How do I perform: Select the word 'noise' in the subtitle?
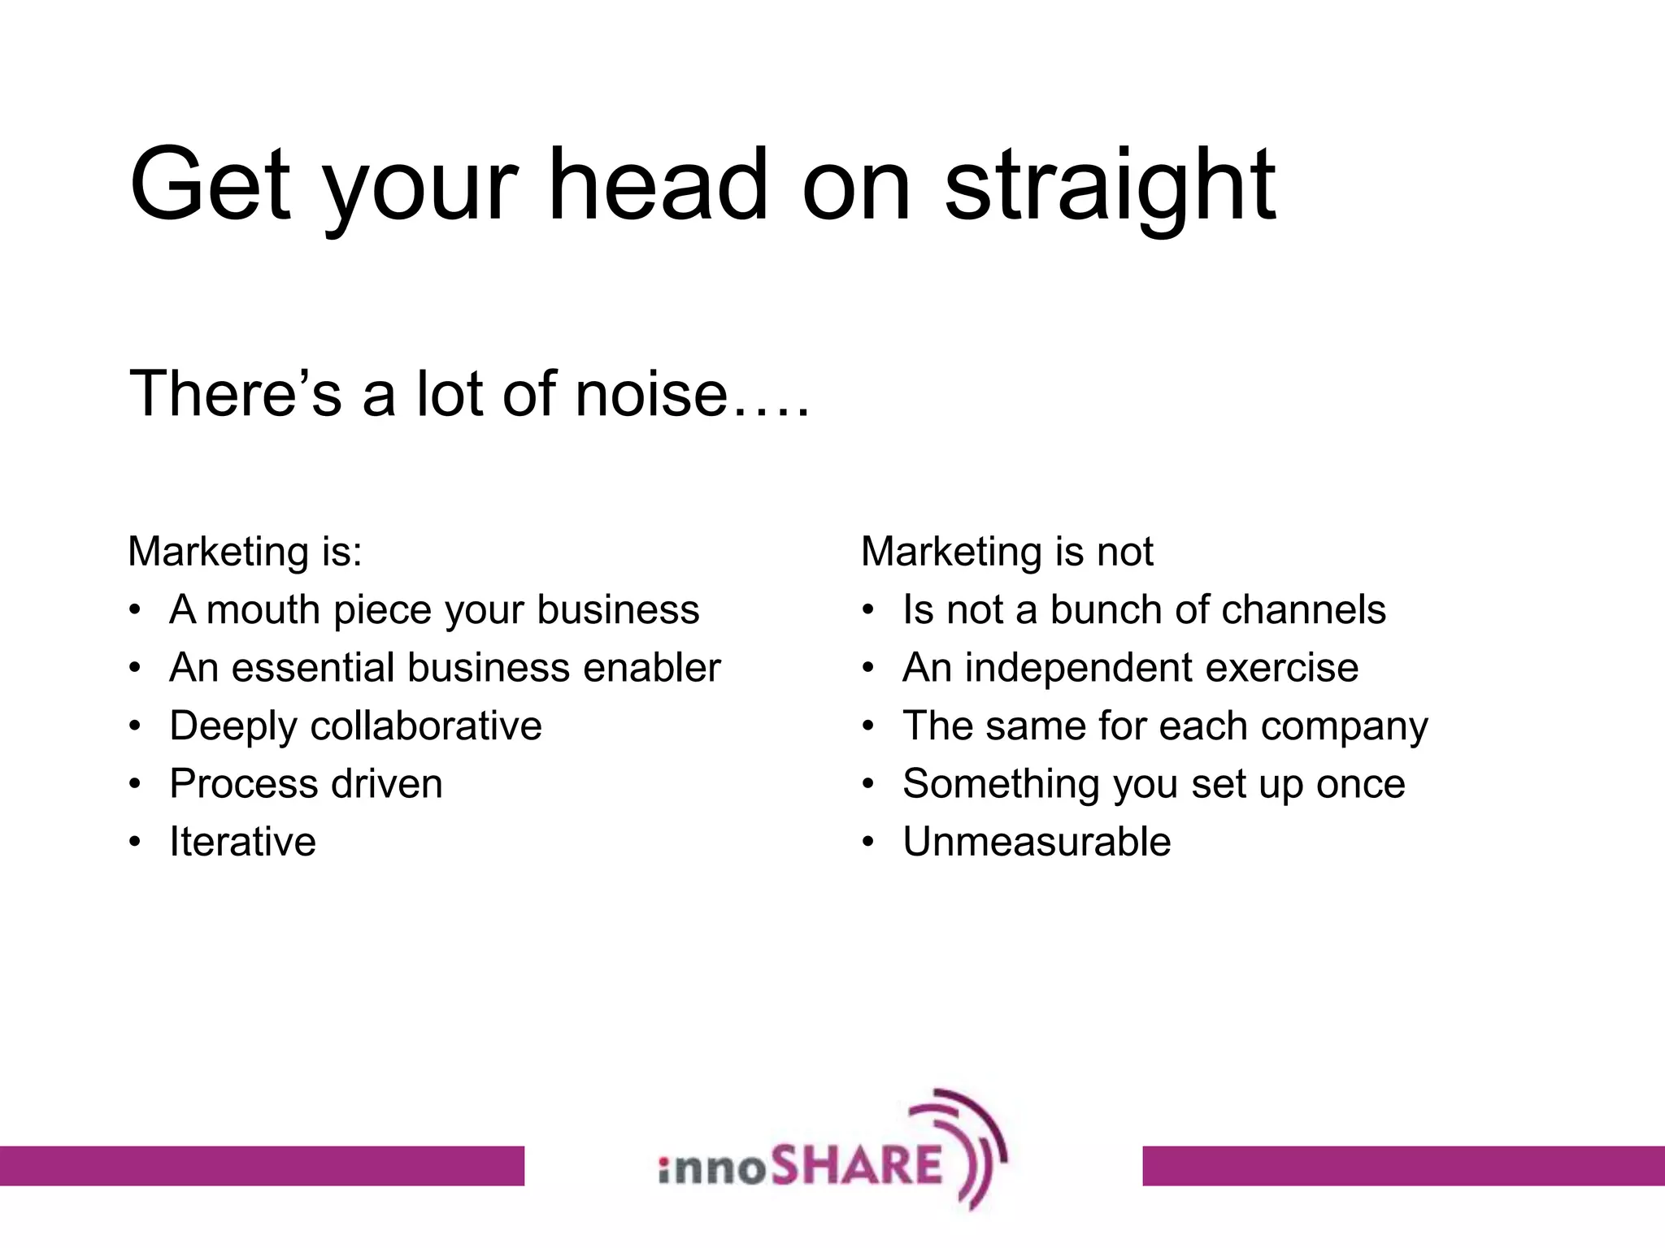click(650, 395)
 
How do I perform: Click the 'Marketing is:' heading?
click(245, 552)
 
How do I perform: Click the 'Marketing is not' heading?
click(1006, 552)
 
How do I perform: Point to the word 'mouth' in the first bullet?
click(263, 610)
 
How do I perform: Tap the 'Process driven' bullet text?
click(306, 784)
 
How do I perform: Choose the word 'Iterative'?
click(242, 842)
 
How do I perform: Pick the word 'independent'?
click(1078, 668)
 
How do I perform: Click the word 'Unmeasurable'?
click(1037, 842)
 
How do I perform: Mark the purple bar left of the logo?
click(262, 1165)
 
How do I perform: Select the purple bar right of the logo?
click(1403, 1165)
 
